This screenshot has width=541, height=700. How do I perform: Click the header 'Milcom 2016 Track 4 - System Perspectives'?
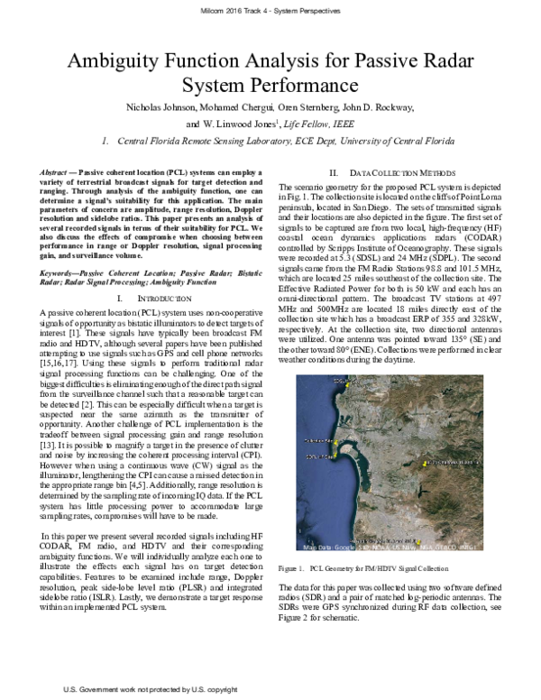[270, 10]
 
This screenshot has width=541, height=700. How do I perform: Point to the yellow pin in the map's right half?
[426, 465]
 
